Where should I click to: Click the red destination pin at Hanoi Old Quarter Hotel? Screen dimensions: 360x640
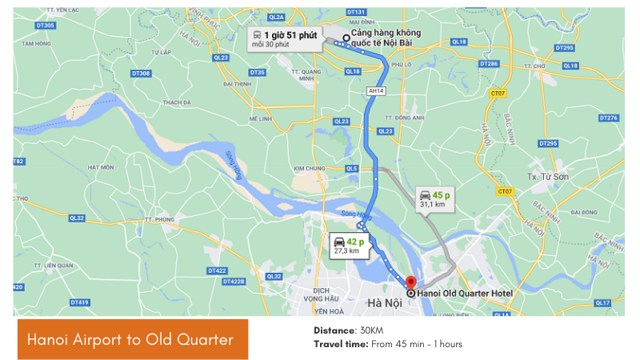point(411,282)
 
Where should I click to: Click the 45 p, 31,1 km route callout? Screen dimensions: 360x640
point(433,199)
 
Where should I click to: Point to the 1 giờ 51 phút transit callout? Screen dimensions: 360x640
point(285,38)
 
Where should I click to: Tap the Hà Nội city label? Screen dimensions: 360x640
point(385,302)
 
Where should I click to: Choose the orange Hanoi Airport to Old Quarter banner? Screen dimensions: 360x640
point(133,339)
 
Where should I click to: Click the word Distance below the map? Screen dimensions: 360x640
point(333,330)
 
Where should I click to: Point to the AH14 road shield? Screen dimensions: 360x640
point(375,91)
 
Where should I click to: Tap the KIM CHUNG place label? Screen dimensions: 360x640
point(310,169)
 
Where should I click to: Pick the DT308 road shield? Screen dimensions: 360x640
point(141,74)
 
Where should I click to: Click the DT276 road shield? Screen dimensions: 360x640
point(609,118)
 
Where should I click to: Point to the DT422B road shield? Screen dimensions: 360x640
point(234,281)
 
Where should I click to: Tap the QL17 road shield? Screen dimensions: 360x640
point(602,302)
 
